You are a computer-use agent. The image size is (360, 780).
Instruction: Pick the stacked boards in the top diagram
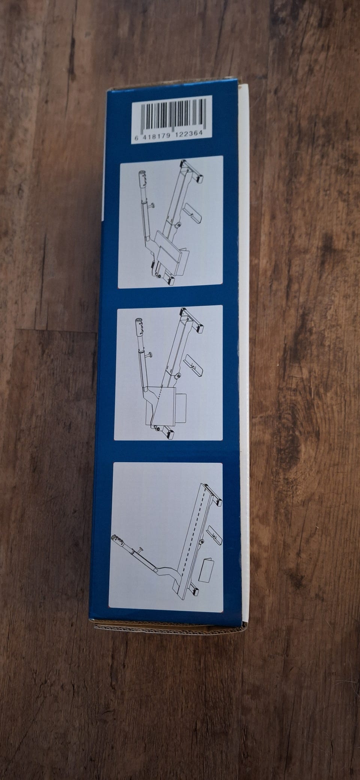[x=170, y=248]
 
